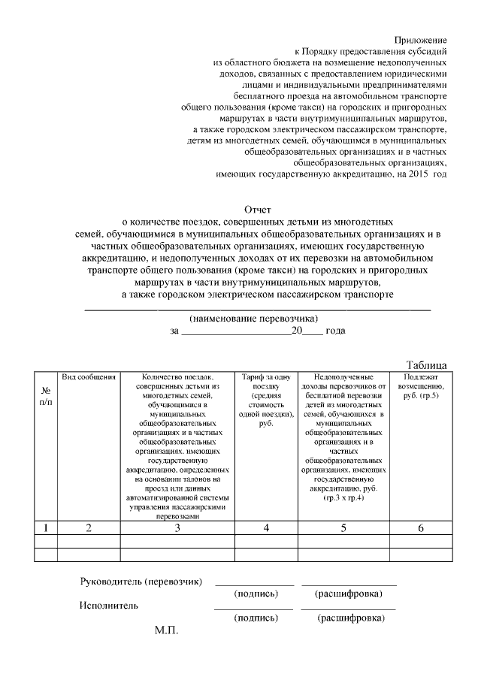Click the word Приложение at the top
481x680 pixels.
point(421,39)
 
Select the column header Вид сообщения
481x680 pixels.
point(89,376)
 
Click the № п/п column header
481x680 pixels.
point(46,396)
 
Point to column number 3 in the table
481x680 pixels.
point(177,528)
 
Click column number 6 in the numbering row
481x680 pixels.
point(421,528)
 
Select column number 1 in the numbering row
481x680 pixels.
point(46,528)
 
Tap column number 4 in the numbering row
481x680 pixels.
point(266,528)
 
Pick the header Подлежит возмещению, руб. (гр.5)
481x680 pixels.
point(421,385)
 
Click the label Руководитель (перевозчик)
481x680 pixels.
point(141,582)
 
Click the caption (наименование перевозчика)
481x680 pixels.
point(250,318)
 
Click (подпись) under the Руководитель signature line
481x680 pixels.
point(256,594)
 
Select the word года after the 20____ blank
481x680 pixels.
point(335,330)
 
